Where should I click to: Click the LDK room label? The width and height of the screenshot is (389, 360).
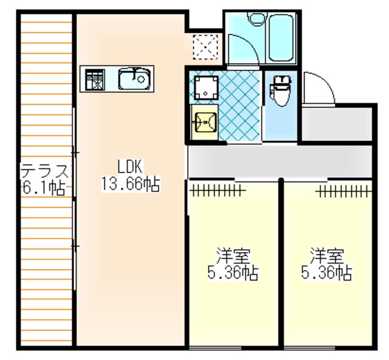tap(129, 166)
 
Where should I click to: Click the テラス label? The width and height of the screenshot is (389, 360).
tap(44, 171)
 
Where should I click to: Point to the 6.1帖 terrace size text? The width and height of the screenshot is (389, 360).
tap(44, 188)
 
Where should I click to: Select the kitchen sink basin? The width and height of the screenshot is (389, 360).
tap(134, 79)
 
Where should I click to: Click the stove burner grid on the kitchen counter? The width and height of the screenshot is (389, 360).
tap(95, 80)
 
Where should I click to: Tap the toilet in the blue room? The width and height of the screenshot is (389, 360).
tap(281, 90)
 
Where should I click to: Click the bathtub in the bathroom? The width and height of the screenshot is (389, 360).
tap(281, 38)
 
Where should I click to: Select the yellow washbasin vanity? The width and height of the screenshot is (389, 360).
tap(204, 122)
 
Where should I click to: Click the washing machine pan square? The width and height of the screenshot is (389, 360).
tap(206, 87)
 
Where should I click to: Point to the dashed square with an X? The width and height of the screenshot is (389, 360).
tap(205, 47)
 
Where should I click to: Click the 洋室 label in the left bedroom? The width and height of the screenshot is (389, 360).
tap(233, 256)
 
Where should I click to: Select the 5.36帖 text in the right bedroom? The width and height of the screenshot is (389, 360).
tap(326, 273)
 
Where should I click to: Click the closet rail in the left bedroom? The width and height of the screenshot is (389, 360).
tap(218, 190)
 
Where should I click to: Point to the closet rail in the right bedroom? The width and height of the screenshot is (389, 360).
tap(343, 191)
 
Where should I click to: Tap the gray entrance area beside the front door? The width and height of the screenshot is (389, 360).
tap(337, 124)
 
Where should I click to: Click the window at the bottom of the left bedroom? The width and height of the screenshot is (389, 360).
tap(215, 348)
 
